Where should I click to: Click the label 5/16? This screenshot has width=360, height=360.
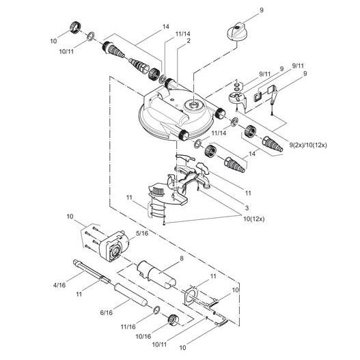click(x=141, y=233)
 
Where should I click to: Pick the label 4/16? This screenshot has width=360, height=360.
click(x=61, y=283)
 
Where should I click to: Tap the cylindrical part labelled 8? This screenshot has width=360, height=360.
click(x=156, y=275)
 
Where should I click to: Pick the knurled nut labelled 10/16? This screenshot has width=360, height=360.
click(x=172, y=318)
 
